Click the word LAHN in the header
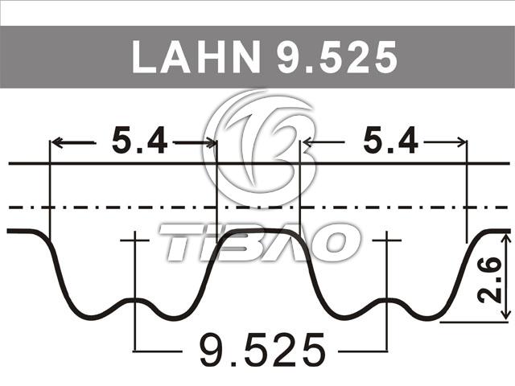196,57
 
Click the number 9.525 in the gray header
337,58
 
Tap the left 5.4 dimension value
139,142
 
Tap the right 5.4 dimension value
391,142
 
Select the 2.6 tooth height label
490,280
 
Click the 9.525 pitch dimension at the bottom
262,350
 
